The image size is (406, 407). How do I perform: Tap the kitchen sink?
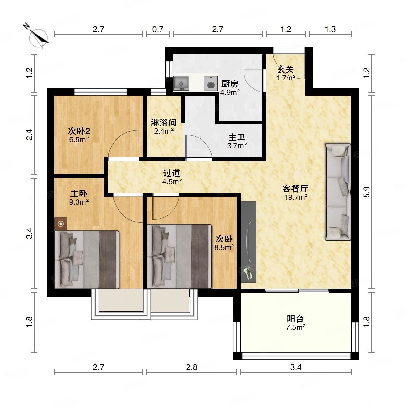[181, 83]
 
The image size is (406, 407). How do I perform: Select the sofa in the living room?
[338, 192]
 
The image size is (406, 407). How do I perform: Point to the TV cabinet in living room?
[248, 242]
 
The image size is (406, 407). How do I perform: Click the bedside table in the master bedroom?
[61, 224]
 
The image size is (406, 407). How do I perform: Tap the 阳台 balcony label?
[295, 318]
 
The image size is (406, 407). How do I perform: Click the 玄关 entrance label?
[285, 69]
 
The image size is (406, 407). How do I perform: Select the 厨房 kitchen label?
[230, 84]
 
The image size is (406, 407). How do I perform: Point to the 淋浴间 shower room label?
[164, 123]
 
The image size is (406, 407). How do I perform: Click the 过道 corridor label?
[172, 173]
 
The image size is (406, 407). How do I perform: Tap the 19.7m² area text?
[296, 197]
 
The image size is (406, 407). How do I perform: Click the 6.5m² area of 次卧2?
[79, 139]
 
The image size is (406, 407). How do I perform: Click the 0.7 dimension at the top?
[158, 29]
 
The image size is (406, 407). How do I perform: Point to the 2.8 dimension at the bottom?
[191, 367]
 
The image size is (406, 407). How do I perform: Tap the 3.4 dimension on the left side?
[29, 233]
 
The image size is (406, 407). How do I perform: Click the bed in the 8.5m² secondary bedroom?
[179, 256]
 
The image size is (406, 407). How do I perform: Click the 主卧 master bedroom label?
[78, 194]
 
